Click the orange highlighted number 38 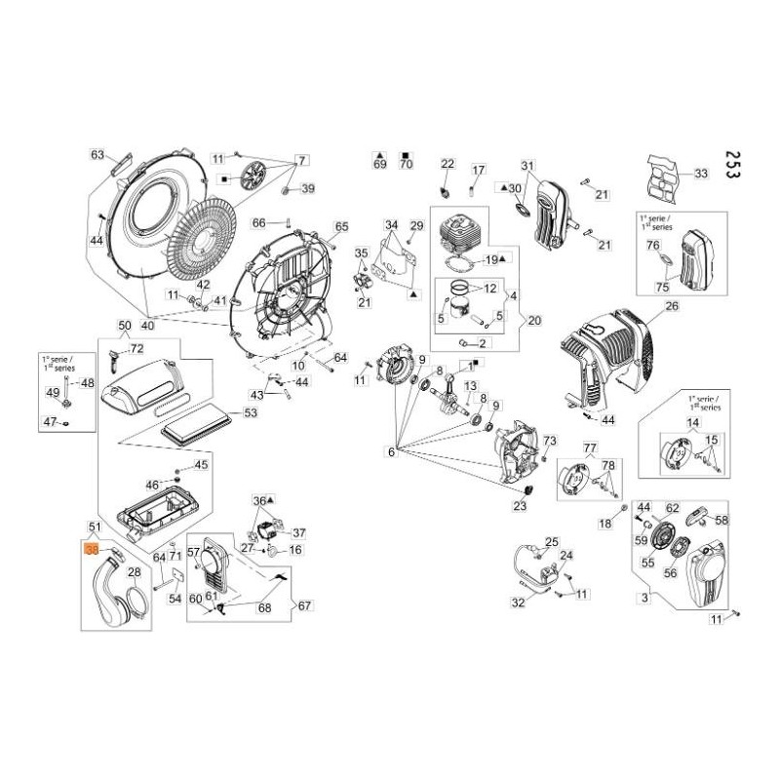click(93, 550)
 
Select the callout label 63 click(97, 155)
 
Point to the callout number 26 click(671, 306)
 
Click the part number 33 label click(700, 174)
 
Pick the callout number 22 click(448, 164)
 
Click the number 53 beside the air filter click(251, 413)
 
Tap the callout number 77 click(589, 448)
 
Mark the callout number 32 click(518, 603)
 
